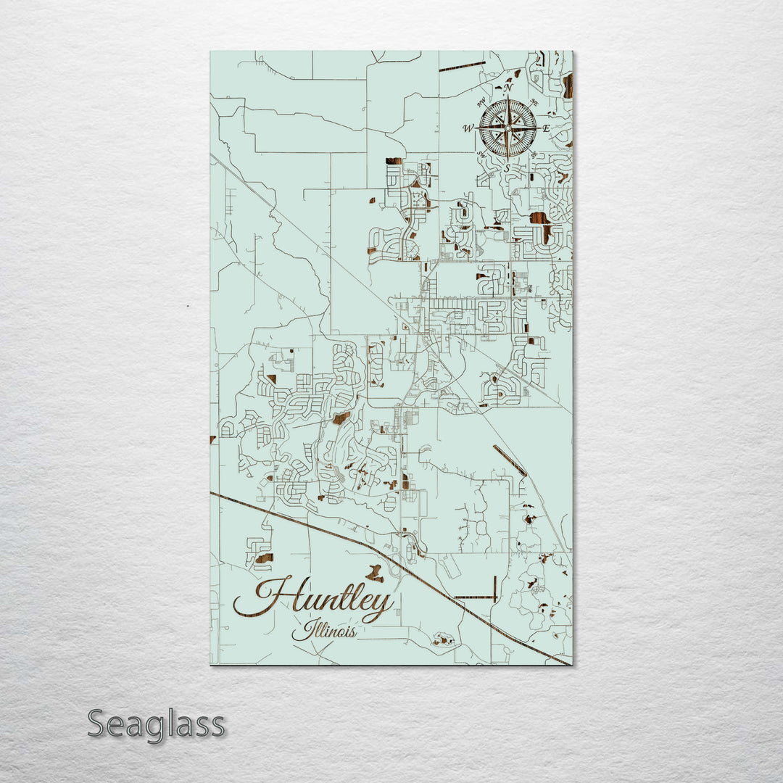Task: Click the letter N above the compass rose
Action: pyautogui.click(x=507, y=88)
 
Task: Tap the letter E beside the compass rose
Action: pyautogui.click(x=546, y=129)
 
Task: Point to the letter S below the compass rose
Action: pyautogui.click(x=507, y=168)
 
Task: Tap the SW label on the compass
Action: pyautogui.click(x=481, y=154)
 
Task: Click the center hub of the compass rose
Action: pyautogui.click(x=507, y=128)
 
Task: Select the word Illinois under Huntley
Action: pyautogui.click(x=324, y=631)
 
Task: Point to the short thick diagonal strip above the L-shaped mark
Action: pyautogui.click(x=510, y=460)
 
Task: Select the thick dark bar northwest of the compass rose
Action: pyautogui.click(x=462, y=67)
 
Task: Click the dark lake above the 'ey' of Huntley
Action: pyautogui.click(x=374, y=574)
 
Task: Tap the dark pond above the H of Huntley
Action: pyautogui.click(x=263, y=558)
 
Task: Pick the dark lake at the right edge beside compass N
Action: pyautogui.click(x=568, y=86)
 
